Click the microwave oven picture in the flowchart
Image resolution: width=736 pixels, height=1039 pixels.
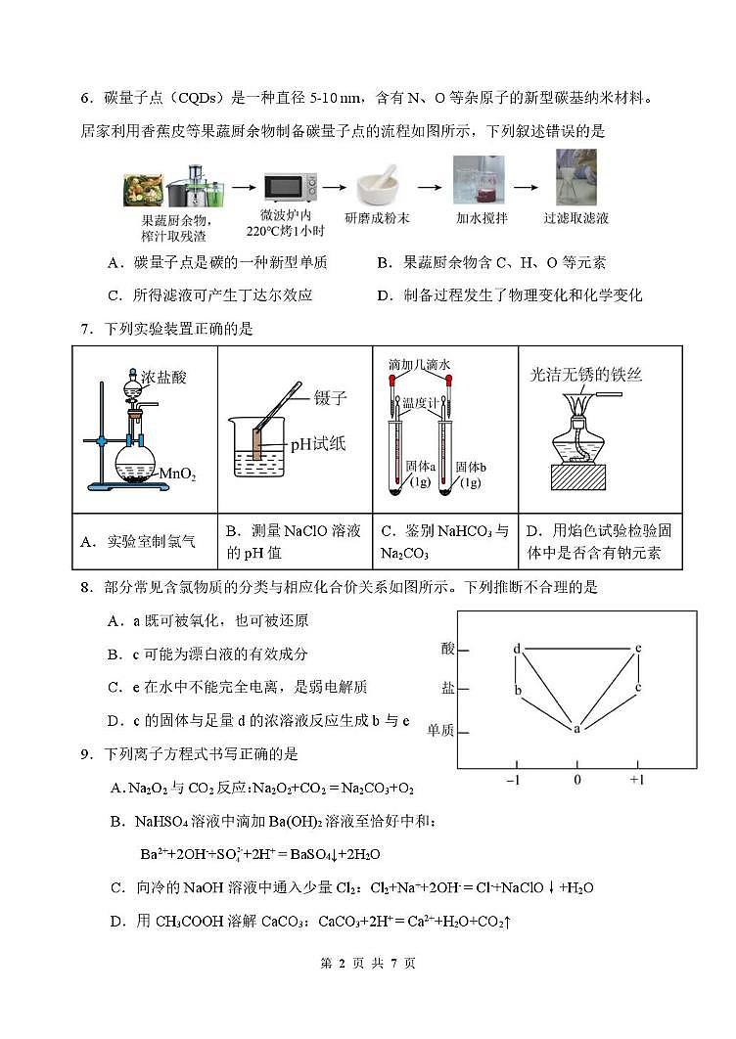[x=291, y=186]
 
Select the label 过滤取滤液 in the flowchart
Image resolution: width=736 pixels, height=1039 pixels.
[x=575, y=218]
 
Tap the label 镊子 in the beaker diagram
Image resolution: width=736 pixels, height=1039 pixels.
[x=332, y=398]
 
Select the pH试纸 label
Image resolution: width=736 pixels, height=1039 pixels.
[x=317, y=444]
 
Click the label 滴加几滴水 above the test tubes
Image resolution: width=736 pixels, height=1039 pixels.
[x=419, y=364]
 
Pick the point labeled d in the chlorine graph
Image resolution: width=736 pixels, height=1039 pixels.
[x=517, y=649]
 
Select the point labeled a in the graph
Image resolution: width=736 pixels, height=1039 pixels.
[x=576, y=729]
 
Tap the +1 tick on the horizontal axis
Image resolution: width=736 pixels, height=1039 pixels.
[x=636, y=780]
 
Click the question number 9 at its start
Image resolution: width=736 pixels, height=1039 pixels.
[x=84, y=753]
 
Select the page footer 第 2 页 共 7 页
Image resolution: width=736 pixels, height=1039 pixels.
[x=368, y=991]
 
